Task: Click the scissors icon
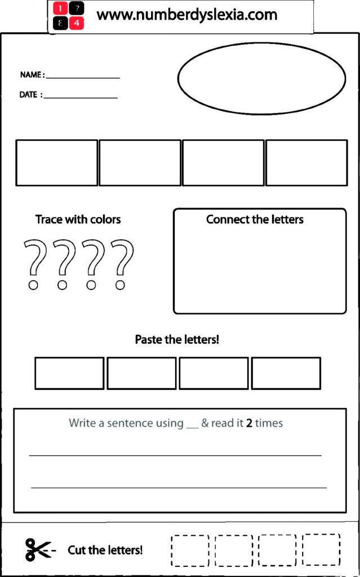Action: coord(38,549)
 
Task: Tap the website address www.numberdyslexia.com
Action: coord(187,15)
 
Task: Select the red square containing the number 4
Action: coord(76,23)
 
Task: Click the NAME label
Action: coord(31,75)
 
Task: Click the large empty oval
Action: coord(261,78)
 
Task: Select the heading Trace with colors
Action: coord(78,219)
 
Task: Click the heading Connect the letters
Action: coord(255,219)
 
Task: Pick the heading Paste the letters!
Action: coord(176,340)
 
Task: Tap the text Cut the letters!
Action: coord(105,550)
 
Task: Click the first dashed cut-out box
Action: coord(190,551)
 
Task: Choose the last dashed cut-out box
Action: coord(321,549)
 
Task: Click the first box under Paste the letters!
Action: coord(69,373)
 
